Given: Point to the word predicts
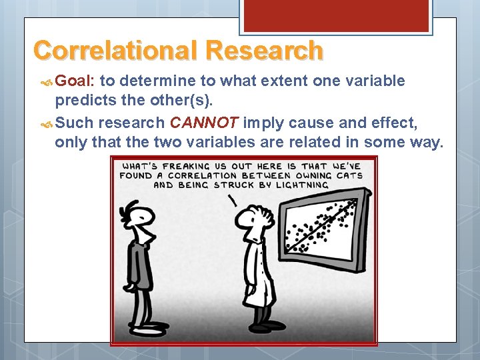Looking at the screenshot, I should [83, 101].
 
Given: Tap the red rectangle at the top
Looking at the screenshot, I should [335, 15].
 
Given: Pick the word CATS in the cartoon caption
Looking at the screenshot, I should [349, 175].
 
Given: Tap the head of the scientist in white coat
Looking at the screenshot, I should [254, 213].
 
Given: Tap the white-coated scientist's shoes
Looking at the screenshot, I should [261, 326].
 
